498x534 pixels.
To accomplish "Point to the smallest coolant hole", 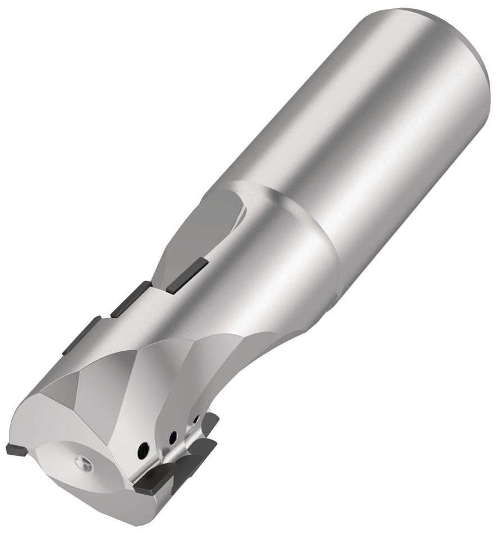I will pos(195,419).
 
